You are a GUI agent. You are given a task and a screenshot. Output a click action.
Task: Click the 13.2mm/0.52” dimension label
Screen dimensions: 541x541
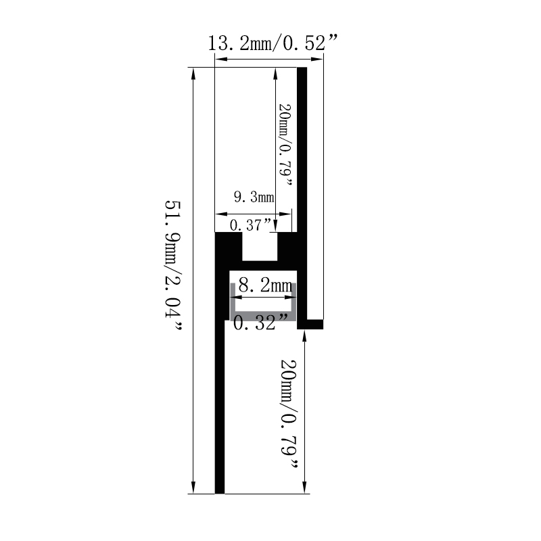click(x=273, y=43)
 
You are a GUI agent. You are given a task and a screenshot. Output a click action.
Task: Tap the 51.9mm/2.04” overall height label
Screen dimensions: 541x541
click(x=173, y=265)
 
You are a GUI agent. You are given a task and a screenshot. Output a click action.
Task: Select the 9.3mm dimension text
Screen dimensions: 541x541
click(x=254, y=197)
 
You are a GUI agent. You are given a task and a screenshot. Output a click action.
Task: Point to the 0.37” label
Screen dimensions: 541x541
click(x=251, y=225)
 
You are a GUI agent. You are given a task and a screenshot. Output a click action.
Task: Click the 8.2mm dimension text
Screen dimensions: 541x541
click(x=265, y=285)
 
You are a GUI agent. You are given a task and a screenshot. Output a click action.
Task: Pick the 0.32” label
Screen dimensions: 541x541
click(x=260, y=323)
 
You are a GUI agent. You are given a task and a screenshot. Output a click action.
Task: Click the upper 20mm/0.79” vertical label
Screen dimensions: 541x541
click(x=285, y=145)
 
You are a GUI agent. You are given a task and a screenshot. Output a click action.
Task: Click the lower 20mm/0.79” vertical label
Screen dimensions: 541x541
click(x=289, y=414)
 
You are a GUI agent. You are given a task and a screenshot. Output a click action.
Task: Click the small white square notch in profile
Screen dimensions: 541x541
click(x=260, y=246)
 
